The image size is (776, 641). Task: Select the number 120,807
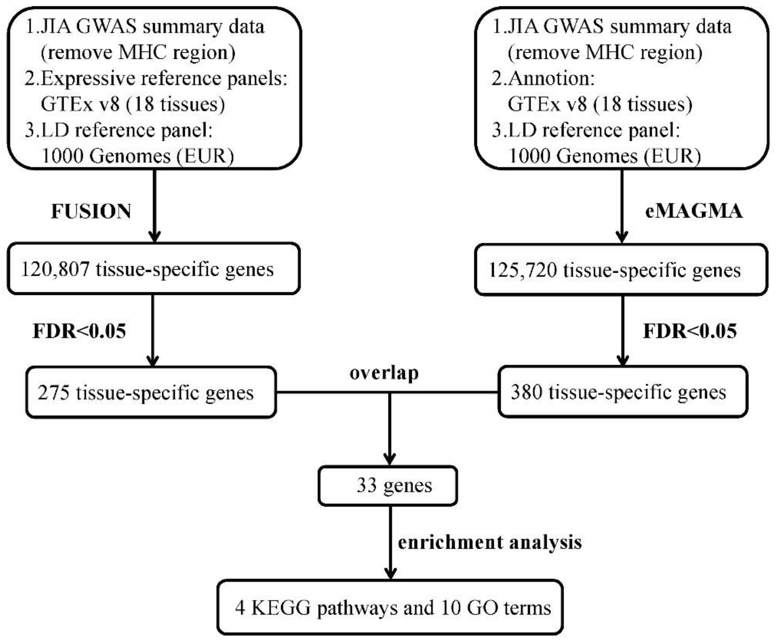click(x=55, y=269)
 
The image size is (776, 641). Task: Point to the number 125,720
click(x=523, y=270)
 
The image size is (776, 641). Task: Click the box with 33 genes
click(x=388, y=486)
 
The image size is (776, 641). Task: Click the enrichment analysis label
click(x=489, y=542)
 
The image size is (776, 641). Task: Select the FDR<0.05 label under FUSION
click(x=79, y=331)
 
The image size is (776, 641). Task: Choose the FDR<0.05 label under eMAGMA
click(x=690, y=331)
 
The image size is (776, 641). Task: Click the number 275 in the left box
click(x=53, y=392)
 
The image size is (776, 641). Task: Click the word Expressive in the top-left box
click(x=88, y=78)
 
